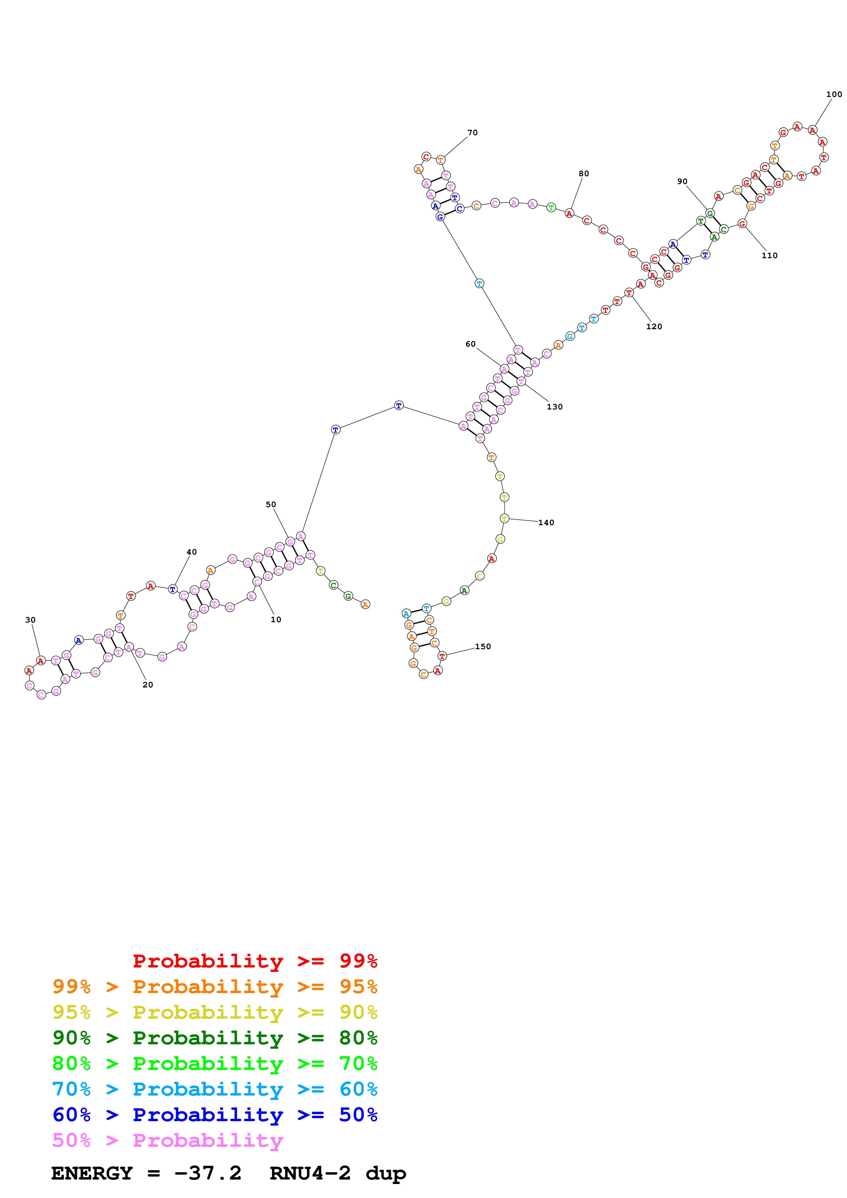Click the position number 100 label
click(x=833, y=95)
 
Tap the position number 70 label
click(x=472, y=133)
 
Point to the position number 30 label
click(x=30, y=620)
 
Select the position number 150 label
click(x=483, y=646)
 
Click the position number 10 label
click(x=275, y=619)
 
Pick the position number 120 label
click(x=654, y=326)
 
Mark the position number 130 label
click(x=555, y=407)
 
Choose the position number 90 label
click(x=682, y=182)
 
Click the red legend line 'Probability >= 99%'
click(x=255, y=961)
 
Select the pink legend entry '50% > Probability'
click(x=167, y=1141)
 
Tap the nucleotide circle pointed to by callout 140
click(x=504, y=519)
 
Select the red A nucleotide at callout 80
click(x=569, y=213)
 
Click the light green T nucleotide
click(x=551, y=208)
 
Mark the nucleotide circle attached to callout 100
click(x=812, y=130)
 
